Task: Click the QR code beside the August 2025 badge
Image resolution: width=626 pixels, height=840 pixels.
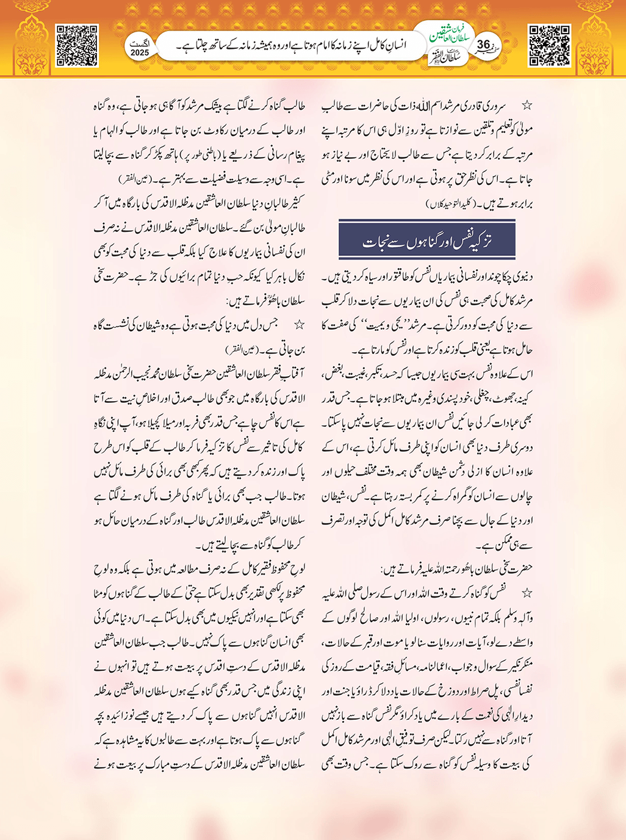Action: (77, 45)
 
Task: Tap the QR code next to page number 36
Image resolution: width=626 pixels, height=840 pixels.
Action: (549, 45)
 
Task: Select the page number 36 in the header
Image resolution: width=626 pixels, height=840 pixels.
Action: (484, 45)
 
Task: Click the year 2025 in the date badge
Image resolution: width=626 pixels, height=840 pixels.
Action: (140, 52)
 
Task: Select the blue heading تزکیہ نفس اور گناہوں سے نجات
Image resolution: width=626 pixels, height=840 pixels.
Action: (427, 241)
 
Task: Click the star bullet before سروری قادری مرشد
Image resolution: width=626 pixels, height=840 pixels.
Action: (527, 106)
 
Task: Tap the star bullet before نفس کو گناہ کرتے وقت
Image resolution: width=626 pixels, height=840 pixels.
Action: (527, 592)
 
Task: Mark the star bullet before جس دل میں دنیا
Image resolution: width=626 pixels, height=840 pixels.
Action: (299, 325)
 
